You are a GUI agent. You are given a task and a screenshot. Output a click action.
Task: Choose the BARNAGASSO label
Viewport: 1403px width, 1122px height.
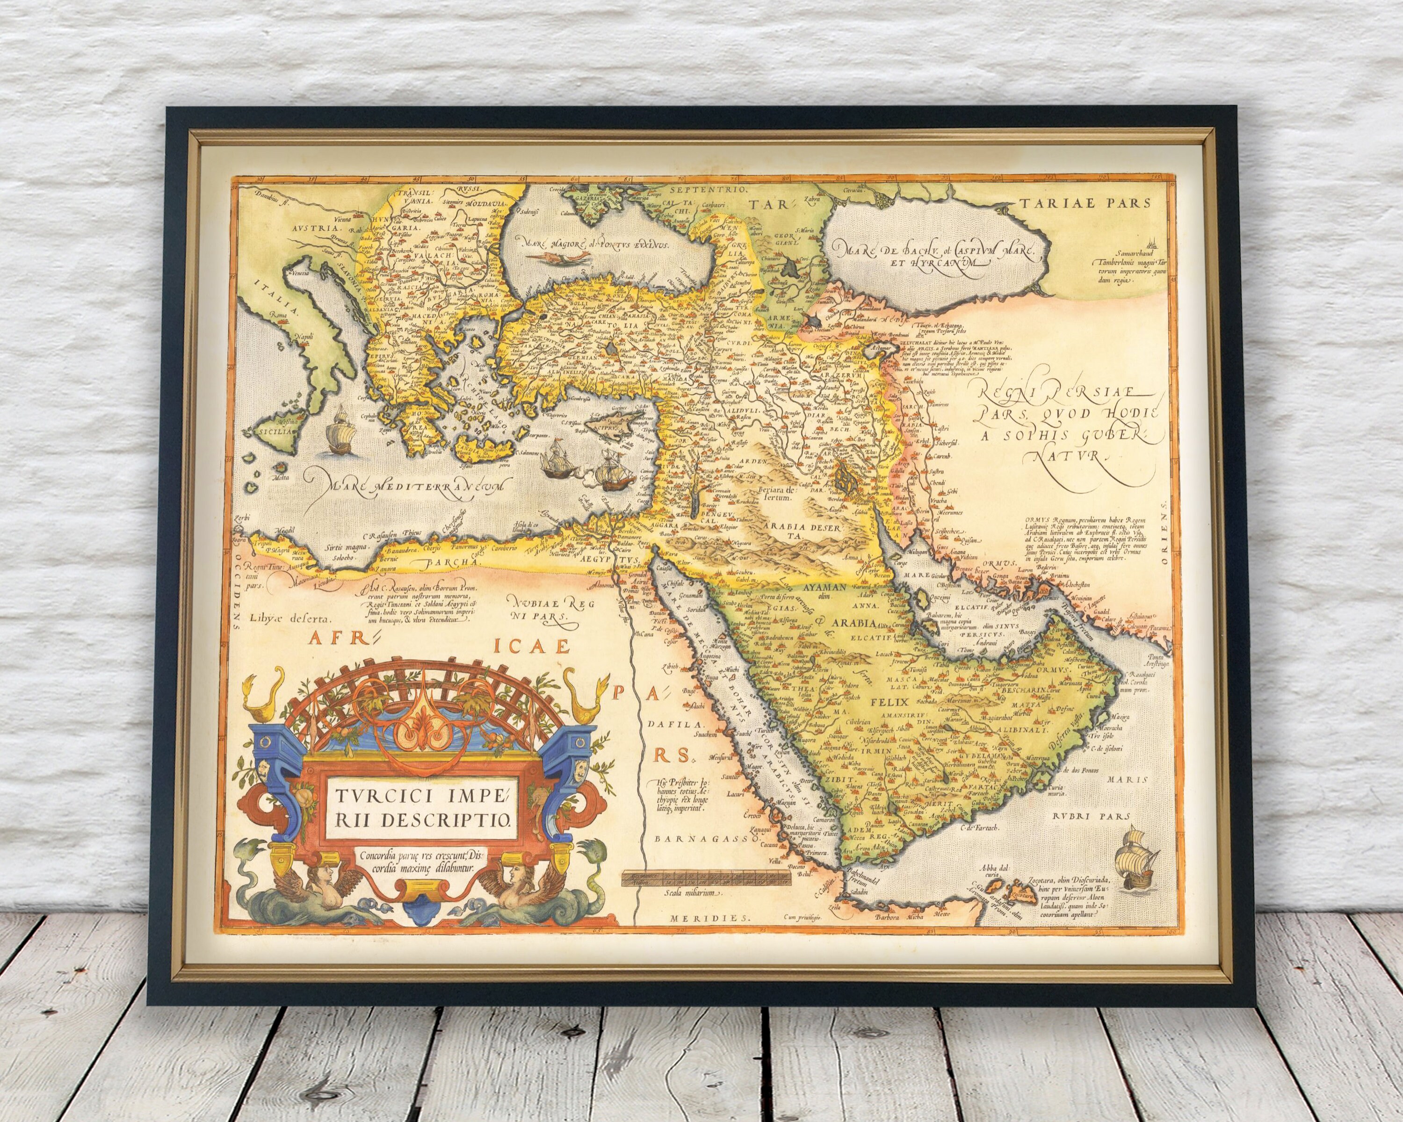point(707,839)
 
